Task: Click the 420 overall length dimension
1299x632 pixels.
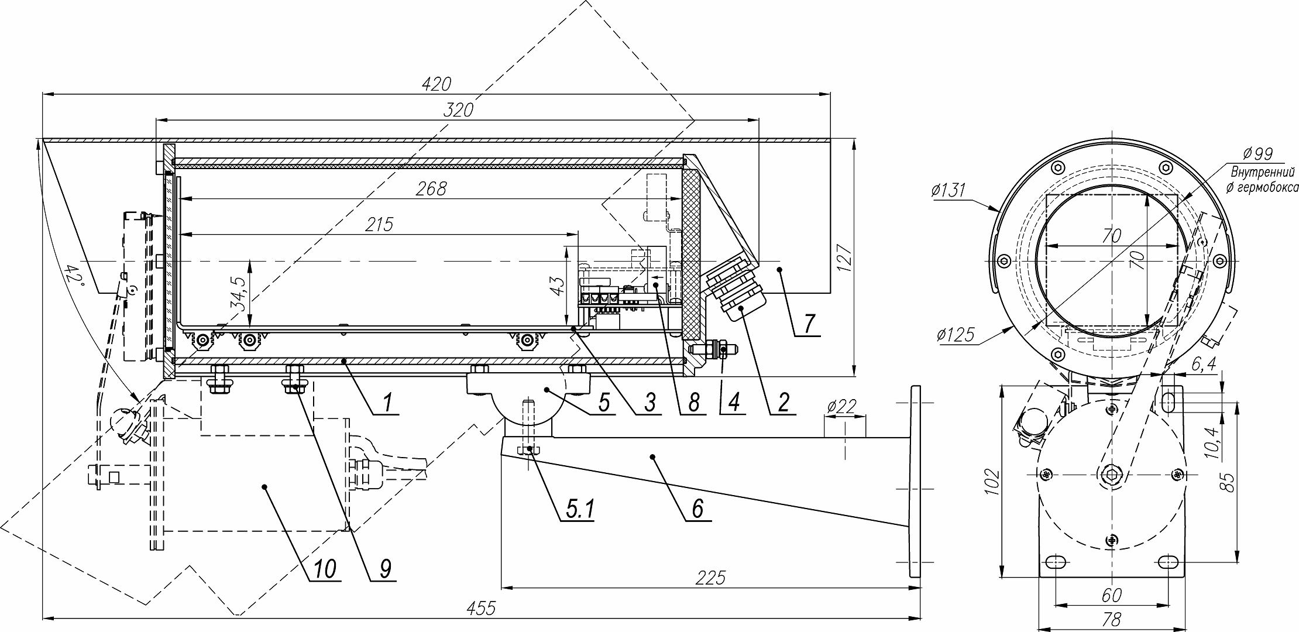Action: coord(437,84)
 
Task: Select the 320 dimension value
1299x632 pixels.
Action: coord(458,110)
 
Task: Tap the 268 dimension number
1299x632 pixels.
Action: coord(431,189)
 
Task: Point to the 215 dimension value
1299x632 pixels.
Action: coord(380,224)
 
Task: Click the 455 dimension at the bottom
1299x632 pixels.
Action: coord(482,609)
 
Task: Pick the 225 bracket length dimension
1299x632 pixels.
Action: coord(711,578)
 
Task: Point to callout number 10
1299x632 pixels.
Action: coord(325,568)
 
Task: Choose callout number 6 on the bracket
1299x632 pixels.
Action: coord(697,509)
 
